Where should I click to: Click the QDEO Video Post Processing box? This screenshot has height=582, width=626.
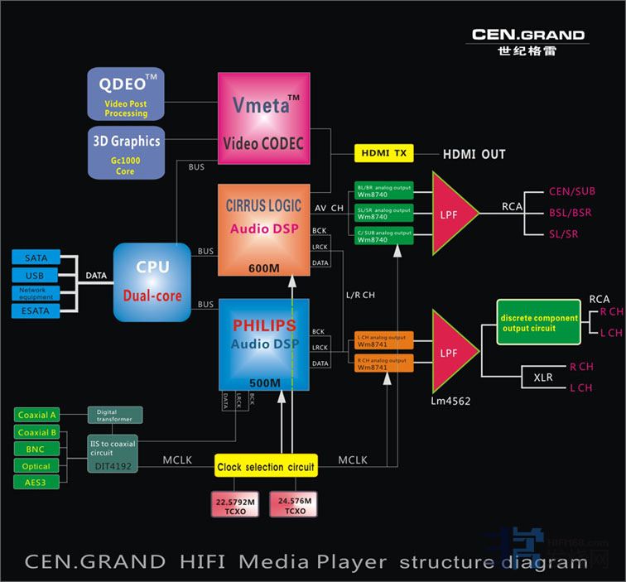128,94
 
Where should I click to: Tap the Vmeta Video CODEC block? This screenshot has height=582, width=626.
262,123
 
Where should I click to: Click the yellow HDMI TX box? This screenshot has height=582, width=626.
383,154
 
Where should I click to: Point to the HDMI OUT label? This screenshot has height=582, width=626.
474,154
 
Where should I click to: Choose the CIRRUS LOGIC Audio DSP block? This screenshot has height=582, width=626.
262,228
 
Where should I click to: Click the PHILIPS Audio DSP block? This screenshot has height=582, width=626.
262,344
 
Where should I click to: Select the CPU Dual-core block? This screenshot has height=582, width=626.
152,281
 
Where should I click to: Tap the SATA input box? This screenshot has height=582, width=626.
36,258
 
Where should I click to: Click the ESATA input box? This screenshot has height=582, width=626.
36,310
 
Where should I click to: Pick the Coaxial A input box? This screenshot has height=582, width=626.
37,415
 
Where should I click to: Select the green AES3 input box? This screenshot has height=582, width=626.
37,482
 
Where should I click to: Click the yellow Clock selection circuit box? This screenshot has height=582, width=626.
265,467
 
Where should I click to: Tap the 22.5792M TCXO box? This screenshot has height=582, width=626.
235,505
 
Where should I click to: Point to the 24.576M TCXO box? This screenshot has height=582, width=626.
294,505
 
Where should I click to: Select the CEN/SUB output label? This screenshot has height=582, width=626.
571,192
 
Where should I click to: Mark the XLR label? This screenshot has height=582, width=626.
542,377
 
